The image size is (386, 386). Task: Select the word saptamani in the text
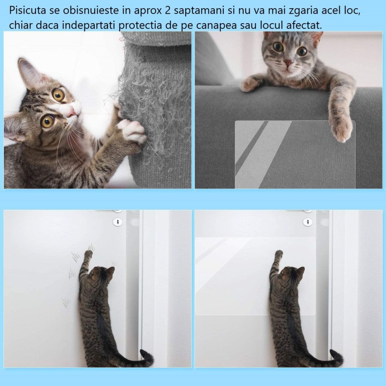196,10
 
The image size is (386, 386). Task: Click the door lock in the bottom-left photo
117,222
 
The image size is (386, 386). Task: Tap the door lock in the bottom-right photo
308,222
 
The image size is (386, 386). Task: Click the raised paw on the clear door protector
279,253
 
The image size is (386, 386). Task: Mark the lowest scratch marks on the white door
66,302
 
